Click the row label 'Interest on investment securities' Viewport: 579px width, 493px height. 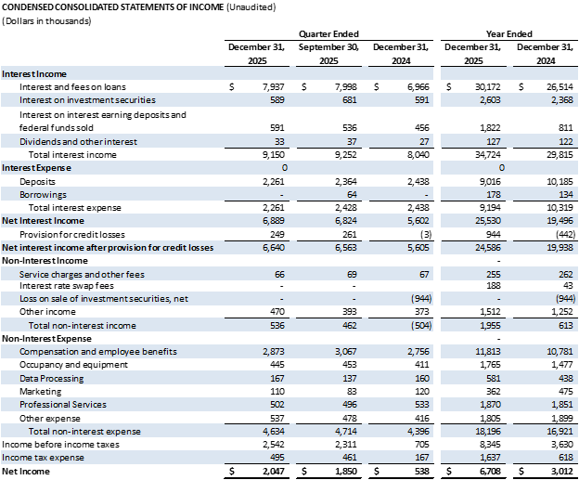coord(87,100)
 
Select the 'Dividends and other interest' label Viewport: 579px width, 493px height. coord(78,142)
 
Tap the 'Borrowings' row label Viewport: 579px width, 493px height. coord(44,195)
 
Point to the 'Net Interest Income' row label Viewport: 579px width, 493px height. coord(44,221)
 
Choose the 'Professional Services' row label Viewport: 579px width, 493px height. coord(63,405)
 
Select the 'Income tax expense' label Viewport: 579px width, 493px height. coord(43,458)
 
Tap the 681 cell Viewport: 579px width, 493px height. coord(349,100)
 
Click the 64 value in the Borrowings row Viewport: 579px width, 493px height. coord(351,195)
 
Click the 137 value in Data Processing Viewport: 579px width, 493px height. coord(349,379)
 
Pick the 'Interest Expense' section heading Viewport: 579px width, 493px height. coord(37,168)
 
